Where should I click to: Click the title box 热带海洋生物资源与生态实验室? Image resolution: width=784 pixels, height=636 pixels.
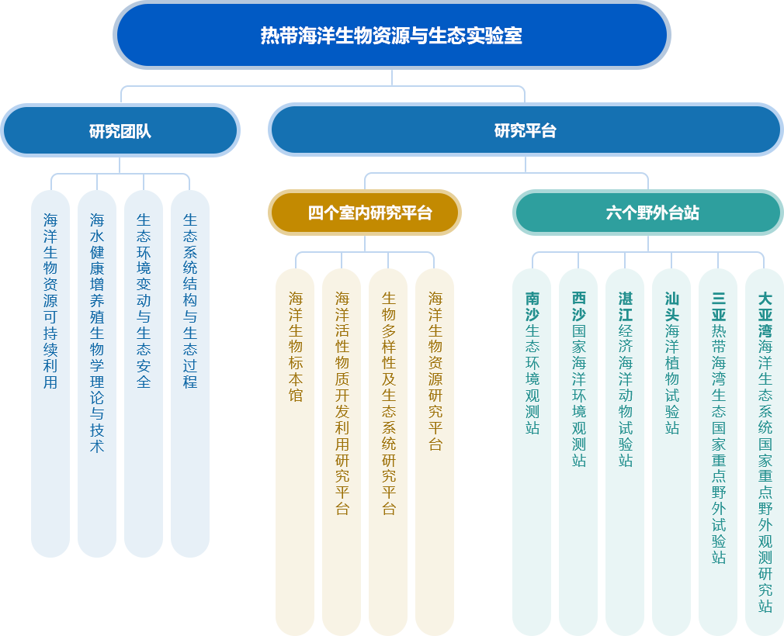click(x=391, y=36)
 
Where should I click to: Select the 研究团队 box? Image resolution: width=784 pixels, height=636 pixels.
click(x=120, y=131)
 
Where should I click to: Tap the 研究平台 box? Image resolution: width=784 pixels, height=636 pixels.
click(x=526, y=131)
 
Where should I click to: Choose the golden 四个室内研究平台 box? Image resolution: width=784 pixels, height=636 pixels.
click(x=364, y=213)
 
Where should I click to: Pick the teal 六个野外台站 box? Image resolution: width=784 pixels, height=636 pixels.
click(x=648, y=213)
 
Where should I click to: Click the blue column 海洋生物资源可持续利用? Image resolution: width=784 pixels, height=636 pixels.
click(x=50, y=372)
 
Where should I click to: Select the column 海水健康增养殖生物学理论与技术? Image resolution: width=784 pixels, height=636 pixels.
click(x=97, y=372)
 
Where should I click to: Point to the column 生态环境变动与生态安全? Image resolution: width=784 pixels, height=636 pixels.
click(x=144, y=372)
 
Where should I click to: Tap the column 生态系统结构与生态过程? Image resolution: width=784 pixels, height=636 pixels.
click(x=190, y=372)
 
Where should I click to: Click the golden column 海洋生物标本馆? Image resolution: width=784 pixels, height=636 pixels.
click(x=295, y=450)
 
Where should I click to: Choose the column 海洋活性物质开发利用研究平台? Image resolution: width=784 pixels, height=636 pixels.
click(x=342, y=450)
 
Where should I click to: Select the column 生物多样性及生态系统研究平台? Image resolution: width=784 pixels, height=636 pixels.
click(x=388, y=450)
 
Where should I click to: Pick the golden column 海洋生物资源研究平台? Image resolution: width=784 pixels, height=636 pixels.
click(x=435, y=450)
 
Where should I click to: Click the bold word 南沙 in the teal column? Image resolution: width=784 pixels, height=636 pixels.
click(x=532, y=306)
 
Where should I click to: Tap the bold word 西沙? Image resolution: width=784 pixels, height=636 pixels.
click(x=578, y=306)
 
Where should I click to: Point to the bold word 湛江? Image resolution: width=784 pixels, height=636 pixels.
click(x=625, y=306)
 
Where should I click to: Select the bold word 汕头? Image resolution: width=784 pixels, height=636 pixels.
click(x=671, y=306)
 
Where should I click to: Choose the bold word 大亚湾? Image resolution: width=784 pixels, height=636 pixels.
click(x=765, y=315)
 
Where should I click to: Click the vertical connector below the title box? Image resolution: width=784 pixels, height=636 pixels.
click(x=392, y=78)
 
